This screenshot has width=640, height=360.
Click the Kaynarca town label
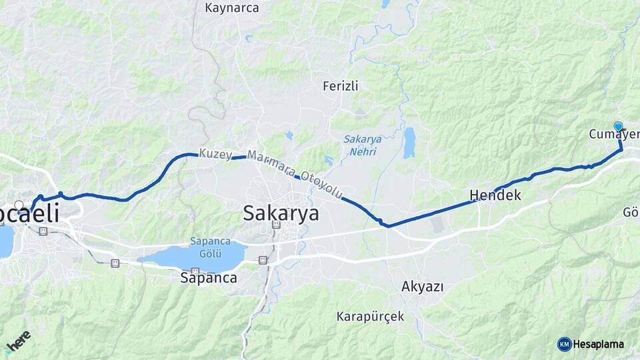[x=232, y=9]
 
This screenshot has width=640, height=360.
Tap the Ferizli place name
[x=341, y=86]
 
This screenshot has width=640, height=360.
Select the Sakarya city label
[x=281, y=213]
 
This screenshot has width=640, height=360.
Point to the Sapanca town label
[x=209, y=278]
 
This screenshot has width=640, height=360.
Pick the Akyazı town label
[x=423, y=287]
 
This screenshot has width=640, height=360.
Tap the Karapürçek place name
[x=371, y=316]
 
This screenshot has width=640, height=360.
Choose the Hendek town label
[x=495, y=195]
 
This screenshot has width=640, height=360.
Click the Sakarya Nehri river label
[x=360, y=146]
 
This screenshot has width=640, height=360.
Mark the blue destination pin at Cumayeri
[x=618, y=126]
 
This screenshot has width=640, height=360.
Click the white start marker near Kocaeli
[x=19, y=205]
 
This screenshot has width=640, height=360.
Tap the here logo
[x=18, y=342]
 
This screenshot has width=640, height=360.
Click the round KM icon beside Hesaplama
[x=564, y=344]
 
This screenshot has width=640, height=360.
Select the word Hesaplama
[x=599, y=345]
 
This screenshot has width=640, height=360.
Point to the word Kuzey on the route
[x=215, y=153]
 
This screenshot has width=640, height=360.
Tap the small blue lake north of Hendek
[x=409, y=142]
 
